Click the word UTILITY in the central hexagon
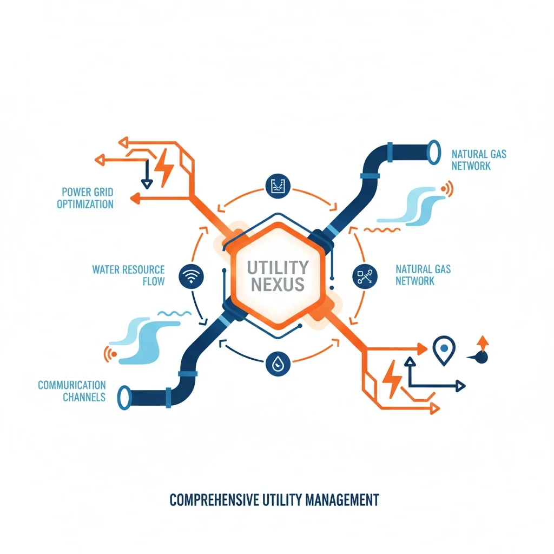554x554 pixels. point(278,267)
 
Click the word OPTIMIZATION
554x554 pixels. point(85,204)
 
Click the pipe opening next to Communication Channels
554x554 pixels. point(124,397)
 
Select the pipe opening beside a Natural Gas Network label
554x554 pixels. point(433,151)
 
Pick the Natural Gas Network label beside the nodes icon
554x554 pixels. point(423,275)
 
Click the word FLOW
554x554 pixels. point(153,281)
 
